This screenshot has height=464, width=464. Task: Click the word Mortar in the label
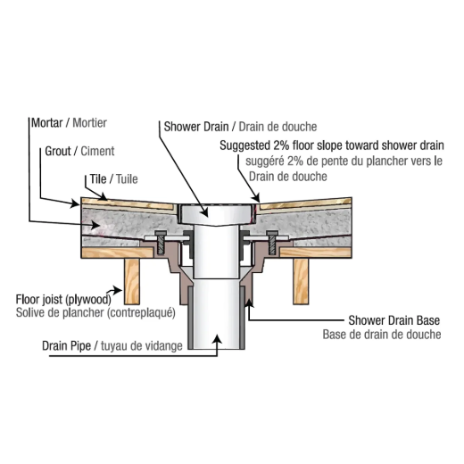pyautogui.click(x=47, y=122)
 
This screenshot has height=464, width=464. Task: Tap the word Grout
pyautogui.click(x=58, y=151)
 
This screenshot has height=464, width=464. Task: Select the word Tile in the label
pyautogui.click(x=98, y=179)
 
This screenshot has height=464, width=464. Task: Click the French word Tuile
pyautogui.click(x=127, y=179)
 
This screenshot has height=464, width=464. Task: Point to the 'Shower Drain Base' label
pyautogui.click(x=394, y=320)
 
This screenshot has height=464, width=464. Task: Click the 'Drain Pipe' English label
pyautogui.click(x=66, y=345)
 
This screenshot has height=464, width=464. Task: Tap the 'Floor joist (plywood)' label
pyautogui.click(x=63, y=299)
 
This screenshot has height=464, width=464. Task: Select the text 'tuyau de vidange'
pyautogui.click(x=142, y=346)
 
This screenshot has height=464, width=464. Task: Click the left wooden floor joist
pyautogui.click(x=132, y=281)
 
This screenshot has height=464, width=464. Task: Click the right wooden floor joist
pyautogui.click(x=301, y=281)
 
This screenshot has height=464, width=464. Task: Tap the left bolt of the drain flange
pyautogui.click(x=161, y=242)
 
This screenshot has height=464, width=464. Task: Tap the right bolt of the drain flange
pyautogui.click(x=271, y=242)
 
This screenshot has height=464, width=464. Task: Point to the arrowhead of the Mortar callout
pyautogui.click(x=96, y=225)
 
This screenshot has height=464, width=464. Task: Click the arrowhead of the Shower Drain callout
pyautogui.click(x=204, y=212)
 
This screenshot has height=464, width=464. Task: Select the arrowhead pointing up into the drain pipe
pyautogui.click(x=218, y=339)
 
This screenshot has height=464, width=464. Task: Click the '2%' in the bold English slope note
pyautogui.click(x=281, y=145)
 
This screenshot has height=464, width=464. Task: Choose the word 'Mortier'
pyautogui.click(x=90, y=122)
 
